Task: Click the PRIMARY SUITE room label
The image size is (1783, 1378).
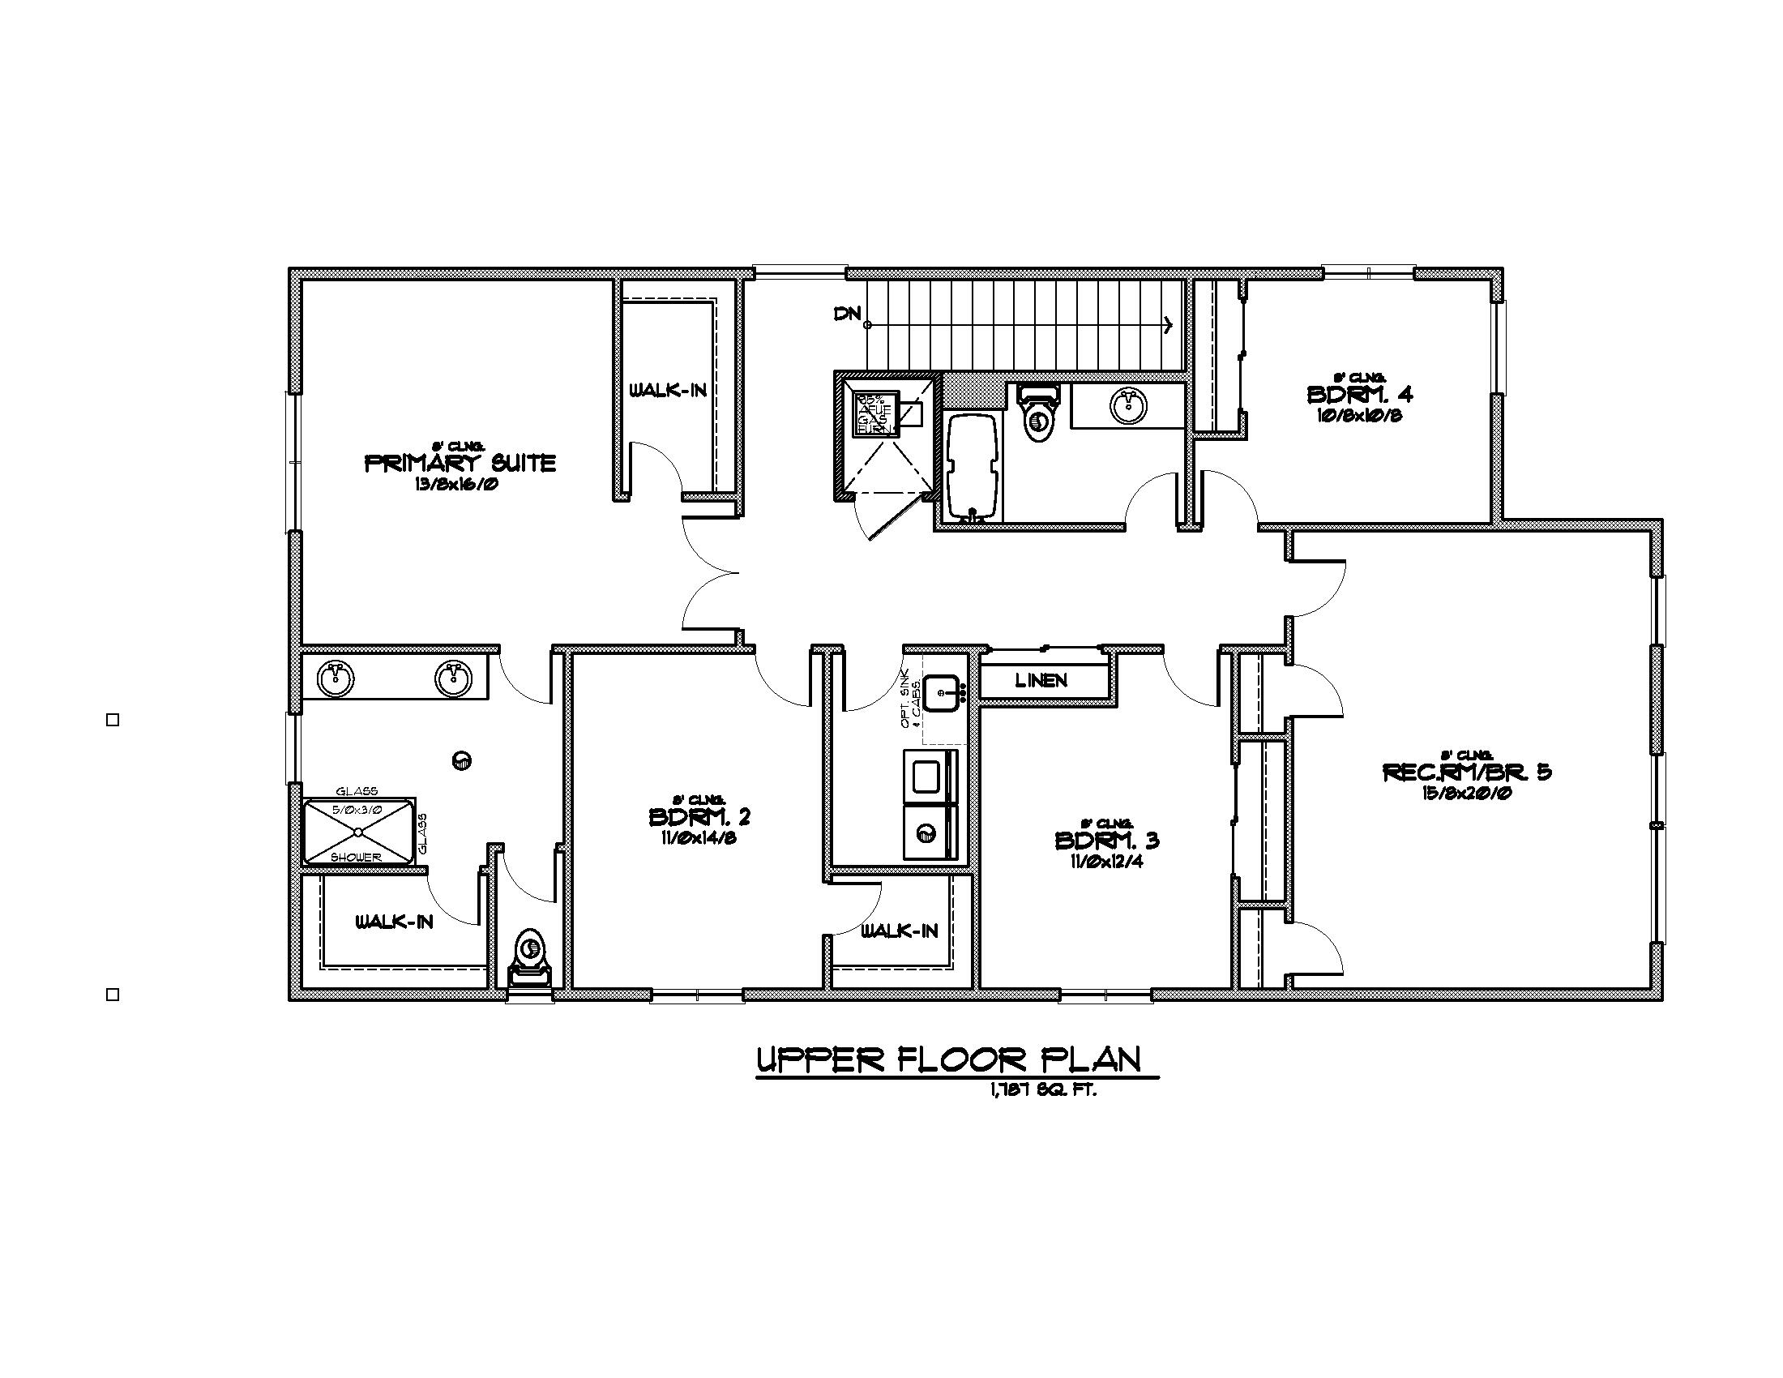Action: point(460,464)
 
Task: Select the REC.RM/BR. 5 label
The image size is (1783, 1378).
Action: point(1466,772)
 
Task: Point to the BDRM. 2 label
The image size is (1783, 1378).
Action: point(699,816)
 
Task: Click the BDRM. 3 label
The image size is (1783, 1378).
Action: point(1106,840)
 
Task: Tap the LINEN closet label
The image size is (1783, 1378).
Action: point(1041,680)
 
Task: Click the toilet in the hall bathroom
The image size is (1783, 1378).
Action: point(1038,413)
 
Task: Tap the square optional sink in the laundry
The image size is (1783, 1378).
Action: point(944,693)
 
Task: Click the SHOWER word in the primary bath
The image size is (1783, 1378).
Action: point(356,857)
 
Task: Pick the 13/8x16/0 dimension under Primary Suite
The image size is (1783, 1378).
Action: point(456,484)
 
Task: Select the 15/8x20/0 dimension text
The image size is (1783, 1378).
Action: point(1466,793)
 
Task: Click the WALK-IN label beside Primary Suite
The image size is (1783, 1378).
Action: point(668,391)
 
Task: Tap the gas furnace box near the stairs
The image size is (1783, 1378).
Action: point(875,413)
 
